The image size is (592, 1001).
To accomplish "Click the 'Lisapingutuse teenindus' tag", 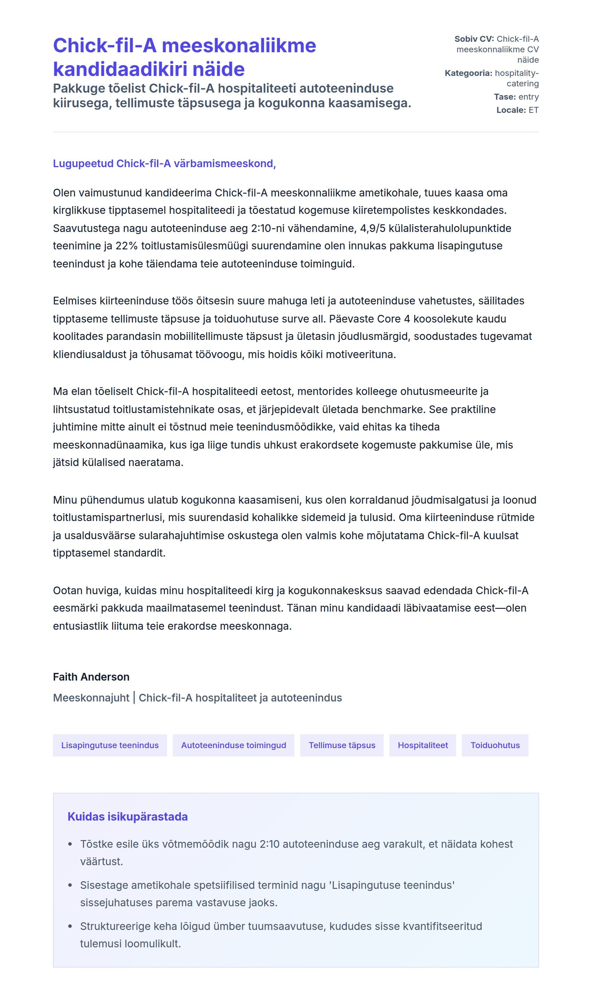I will (110, 745).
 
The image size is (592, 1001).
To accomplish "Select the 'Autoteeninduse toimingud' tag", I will (233, 745).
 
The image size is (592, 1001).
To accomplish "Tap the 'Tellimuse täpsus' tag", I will (342, 745).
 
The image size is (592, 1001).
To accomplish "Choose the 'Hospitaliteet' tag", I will (422, 745).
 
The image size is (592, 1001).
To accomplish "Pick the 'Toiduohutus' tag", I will (494, 745).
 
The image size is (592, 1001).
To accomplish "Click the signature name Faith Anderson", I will (91, 677).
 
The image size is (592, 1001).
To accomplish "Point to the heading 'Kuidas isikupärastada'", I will (127, 817).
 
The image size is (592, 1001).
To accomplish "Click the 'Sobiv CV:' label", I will (474, 39).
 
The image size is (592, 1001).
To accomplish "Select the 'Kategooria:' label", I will (468, 73).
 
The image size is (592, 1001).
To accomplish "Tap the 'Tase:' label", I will (505, 97).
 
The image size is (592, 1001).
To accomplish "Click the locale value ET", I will (533, 110).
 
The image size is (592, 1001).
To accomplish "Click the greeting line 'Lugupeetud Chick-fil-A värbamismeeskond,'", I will (164, 164).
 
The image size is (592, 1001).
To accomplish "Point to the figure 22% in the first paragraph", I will (126, 246).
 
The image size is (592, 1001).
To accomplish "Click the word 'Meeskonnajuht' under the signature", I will (91, 698).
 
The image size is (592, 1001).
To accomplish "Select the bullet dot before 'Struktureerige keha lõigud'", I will (70, 926).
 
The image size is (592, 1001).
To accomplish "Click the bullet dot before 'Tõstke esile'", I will (70, 844).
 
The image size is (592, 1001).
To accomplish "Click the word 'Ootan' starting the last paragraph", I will (68, 590).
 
